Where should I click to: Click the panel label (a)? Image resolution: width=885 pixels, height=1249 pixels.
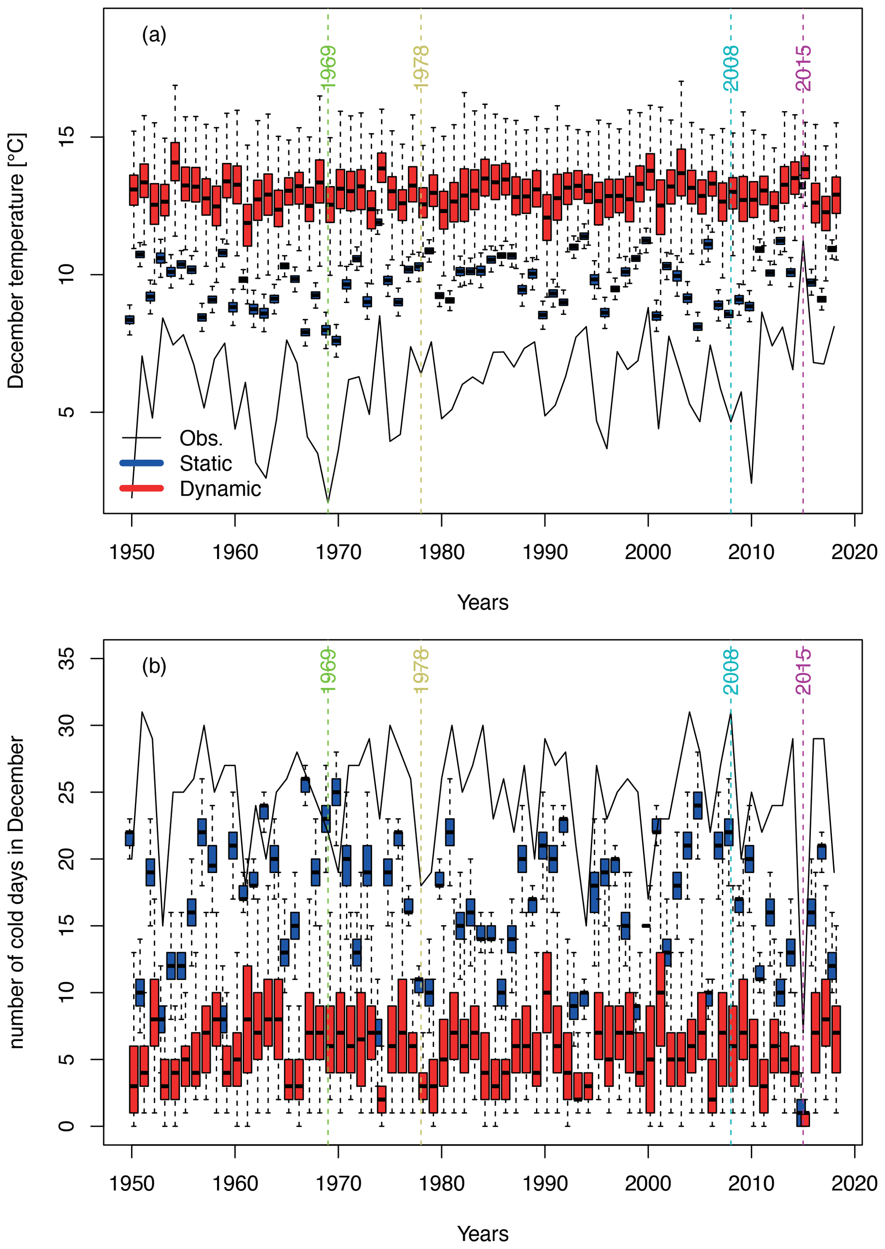154,36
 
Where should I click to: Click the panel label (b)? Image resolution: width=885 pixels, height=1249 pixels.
154,666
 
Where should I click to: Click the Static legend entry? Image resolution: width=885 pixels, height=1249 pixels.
206,464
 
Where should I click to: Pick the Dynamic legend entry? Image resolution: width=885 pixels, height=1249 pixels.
220,489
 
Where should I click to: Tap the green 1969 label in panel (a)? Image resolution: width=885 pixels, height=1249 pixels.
328,68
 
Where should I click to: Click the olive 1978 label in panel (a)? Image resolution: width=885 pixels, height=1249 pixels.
421,68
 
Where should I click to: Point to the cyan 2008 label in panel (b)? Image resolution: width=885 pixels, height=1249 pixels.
731,671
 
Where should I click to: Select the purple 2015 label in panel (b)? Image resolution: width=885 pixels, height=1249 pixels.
803,671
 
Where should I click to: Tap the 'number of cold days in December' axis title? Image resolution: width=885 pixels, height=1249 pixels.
16,893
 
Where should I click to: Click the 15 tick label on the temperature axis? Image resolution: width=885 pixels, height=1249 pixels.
66,136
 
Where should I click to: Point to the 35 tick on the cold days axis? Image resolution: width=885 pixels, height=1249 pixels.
66,659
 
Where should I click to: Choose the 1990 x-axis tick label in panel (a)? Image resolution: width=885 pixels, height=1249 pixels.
545,553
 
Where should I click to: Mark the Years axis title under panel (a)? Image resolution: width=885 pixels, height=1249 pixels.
483,603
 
